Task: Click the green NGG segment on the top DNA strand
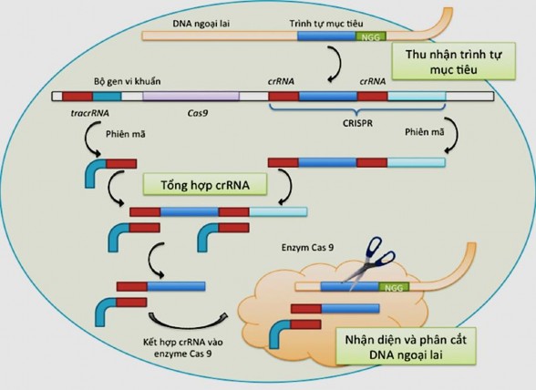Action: coord(370,37)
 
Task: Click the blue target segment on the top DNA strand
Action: coord(326,37)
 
